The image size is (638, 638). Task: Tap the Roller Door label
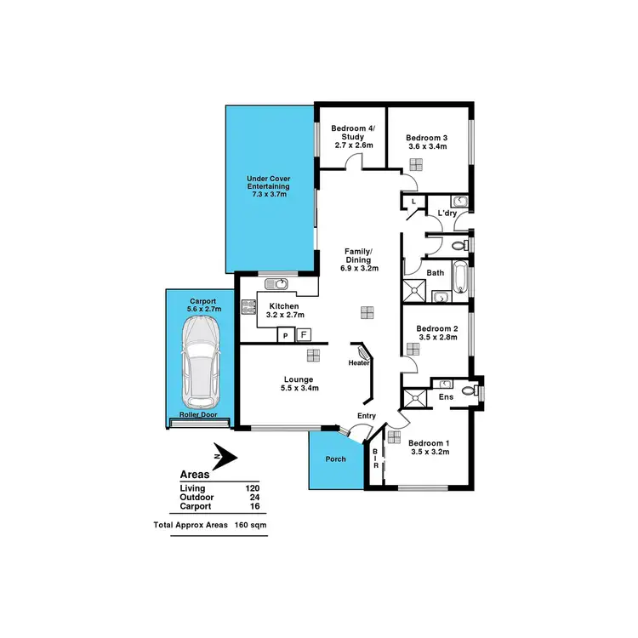pos(197,415)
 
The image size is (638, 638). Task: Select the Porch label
pos(336,459)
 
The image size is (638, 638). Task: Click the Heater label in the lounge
pos(358,363)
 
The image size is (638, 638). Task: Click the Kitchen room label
pos(282,305)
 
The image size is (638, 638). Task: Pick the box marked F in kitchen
pos(304,335)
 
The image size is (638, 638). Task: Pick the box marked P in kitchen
pos(286,336)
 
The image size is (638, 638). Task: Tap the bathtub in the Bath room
pos(460,277)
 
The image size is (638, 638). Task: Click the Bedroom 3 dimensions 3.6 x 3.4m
pos(426,147)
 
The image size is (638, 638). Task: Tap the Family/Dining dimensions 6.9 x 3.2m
pos(361,268)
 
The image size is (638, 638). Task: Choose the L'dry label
pos(447,213)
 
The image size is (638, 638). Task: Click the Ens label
pos(445,396)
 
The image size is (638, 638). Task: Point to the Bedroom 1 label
pos(429,442)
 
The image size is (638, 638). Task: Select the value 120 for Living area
pos(252,488)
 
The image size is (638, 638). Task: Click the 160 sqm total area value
pos(251,526)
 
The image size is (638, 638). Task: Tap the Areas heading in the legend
pos(197,475)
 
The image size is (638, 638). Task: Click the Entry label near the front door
pos(366,416)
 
